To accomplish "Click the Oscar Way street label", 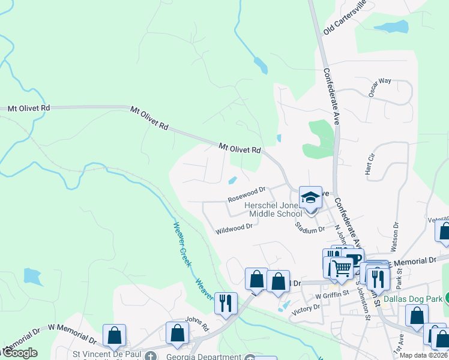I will pyautogui.click(x=379, y=80).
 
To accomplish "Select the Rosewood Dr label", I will pyautogui.click(x=246, y=194).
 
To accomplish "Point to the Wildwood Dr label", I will pyautogui.click(x=234, y=228).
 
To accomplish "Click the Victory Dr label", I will pyautogui.click(x=306, y=308).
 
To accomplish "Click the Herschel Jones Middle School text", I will pyautogui.click(x=273, y=209).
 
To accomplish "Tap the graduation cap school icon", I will pyautogui.click(x=310, y=197).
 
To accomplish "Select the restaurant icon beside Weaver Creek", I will pyautogui.click(x=226, y=303).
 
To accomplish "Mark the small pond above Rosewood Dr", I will pyautogui.click(x=232, y=181).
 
